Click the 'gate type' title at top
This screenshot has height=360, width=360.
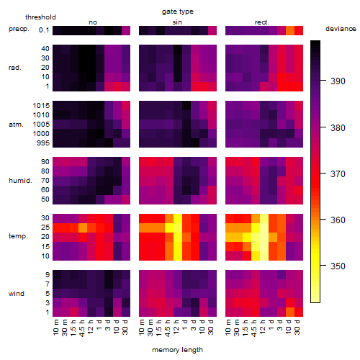(178, 12)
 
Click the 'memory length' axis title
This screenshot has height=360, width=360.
(177, 350)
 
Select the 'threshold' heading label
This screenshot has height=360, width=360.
(40, 17)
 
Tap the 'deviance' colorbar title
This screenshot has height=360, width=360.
(341, 29)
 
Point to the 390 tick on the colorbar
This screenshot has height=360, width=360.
(338, 81)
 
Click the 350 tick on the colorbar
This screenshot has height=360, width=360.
(338, 266)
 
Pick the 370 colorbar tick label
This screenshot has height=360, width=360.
(338, 174)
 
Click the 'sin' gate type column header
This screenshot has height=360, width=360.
(177, 22)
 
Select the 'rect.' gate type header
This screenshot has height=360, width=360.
(262, 22)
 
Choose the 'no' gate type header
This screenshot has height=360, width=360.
(93, 22)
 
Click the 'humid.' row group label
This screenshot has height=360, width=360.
(20, 181)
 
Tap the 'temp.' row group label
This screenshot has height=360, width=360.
(18, 236)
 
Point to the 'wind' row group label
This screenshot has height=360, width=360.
(17, 294)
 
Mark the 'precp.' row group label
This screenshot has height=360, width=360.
(19, 29)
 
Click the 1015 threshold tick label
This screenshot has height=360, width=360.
(41, 106)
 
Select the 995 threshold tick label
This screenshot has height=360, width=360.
(43, 143)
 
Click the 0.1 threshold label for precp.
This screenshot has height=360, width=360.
(44, 30)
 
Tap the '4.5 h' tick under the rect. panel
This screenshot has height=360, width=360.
(254, 328)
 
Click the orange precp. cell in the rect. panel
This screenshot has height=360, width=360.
(290, 30)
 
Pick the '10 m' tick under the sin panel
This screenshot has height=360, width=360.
(142, 327)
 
